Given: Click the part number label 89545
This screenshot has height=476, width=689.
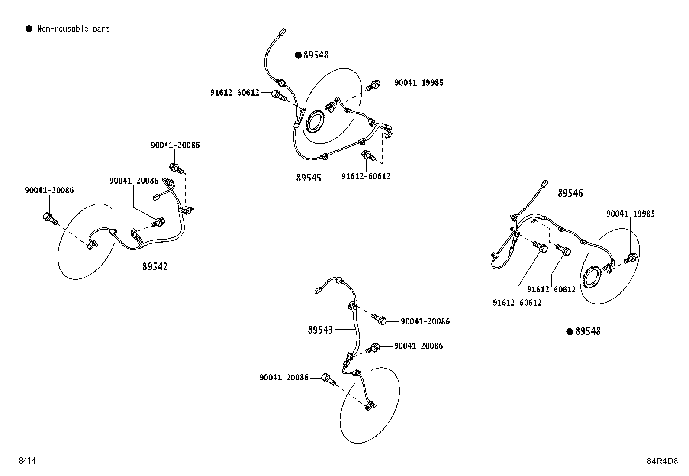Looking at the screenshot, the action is tap(309, 178).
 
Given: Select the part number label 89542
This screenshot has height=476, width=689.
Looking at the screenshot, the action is tap(155, 267).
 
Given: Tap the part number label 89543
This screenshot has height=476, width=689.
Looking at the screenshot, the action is tap(320, 330).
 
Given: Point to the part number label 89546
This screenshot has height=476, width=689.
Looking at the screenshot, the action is tap(570, 193).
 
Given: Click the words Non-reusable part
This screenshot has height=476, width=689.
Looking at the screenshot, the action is tap(73, 29).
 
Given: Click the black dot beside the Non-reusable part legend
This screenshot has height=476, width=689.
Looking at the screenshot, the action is tap(29, 29).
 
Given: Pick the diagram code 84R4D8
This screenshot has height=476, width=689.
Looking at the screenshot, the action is tap(662, 461).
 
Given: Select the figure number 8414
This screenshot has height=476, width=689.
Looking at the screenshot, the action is tap(27, 460).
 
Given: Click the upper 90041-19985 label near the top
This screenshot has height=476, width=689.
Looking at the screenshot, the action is tap(419, 83).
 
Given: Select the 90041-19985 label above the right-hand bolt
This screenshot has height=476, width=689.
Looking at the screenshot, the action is tap(630, 214).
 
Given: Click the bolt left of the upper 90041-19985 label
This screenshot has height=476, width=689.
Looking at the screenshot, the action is tap(373, 85).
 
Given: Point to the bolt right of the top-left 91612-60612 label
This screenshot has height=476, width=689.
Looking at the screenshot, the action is tap(279, 95).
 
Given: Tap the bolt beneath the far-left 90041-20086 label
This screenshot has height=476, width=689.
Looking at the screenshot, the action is tap(50, 219).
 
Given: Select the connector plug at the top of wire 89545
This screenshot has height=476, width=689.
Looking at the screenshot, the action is tap(282, 32).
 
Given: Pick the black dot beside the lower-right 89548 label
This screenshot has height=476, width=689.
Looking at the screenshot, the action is tap(570, 332).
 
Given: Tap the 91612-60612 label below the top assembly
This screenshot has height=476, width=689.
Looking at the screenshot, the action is tap(366, 176).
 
